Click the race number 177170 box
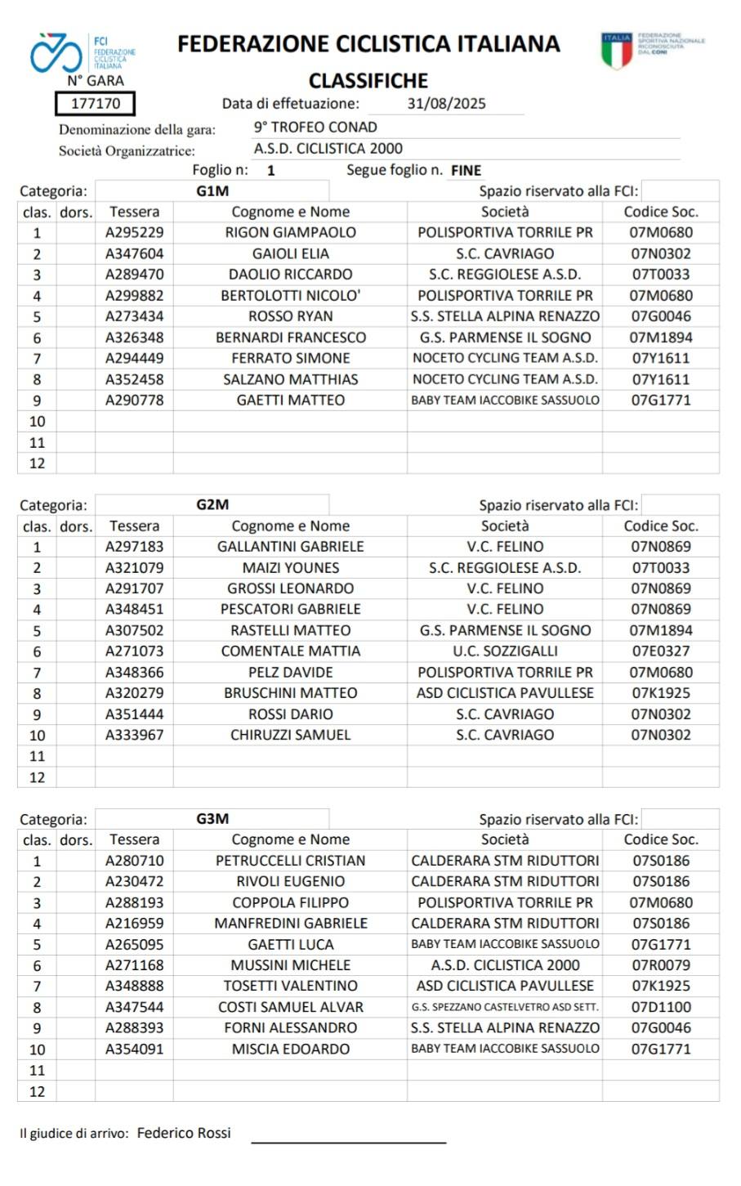(95, 104)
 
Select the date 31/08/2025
(446, 104)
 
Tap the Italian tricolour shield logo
(617, 51)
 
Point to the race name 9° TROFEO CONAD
(315, 128)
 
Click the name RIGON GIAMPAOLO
(290, 232)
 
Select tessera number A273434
(134, 316)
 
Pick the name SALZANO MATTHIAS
(290, 379)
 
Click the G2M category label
(212, 504)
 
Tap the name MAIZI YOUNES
(290, 568)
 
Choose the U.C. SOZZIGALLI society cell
(505, 651)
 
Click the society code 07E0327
(661, 651)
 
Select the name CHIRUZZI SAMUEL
(290, 735)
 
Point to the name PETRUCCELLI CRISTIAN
(290, 861)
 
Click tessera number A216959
(134, 924)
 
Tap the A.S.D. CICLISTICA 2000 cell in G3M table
(505, 965)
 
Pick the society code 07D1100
(661, 1007)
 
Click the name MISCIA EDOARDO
(290, 1049)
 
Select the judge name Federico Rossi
(184, 1133)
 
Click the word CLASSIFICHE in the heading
(368, 80)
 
